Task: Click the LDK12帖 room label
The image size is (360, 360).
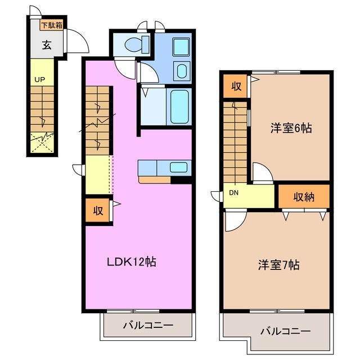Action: [132, 261]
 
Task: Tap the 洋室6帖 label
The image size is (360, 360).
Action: [291, 128]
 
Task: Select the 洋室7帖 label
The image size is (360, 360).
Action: [278, 264]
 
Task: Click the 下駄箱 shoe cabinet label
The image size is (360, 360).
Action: [51, 25]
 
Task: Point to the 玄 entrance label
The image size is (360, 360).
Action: [46, 46]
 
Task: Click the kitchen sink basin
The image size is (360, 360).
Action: [178, 166]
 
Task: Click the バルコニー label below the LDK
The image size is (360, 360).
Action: [147, 325]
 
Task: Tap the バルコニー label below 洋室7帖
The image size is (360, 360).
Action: [285, 331]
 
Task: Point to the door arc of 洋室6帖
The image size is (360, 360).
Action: [263, 172]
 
